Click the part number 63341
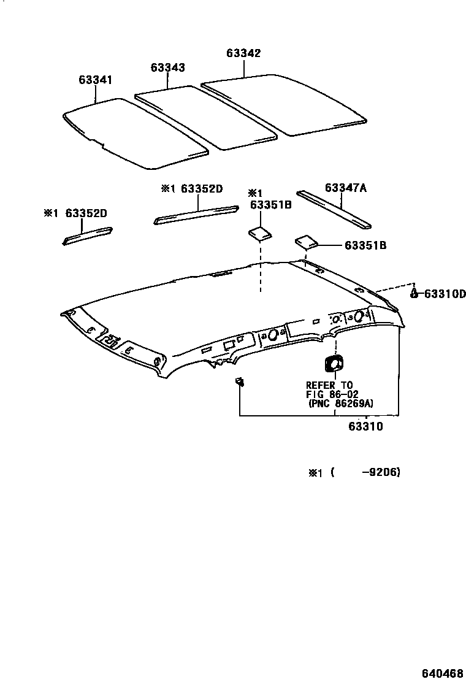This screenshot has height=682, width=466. pyautogui.click(x=95, y=80)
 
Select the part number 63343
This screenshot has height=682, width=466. pyautogui.click(x=168, y=67)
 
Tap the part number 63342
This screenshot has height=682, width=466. pyautogui.click(x=243, y=53)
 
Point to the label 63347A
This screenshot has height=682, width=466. pyautogui.click(x=346, y=188)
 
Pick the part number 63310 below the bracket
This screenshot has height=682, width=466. pyautogui.click(x=367, y=426)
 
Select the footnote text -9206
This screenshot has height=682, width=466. pyautogui.click(x=381, y=472)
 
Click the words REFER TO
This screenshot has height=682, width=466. pyautogui.click(x=329, y=385)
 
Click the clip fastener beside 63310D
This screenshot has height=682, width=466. pyautogui.click(x=414, y=293)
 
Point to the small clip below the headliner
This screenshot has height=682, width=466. pyautogui.click(x=240, y=383)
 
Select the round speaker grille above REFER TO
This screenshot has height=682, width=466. pyautogui.click(x=334, y=363)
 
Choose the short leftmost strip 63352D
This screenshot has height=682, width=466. pyautogui.click(x=87, y=236)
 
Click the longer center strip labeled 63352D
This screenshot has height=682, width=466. pyautogui.click(x=196, y=215)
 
